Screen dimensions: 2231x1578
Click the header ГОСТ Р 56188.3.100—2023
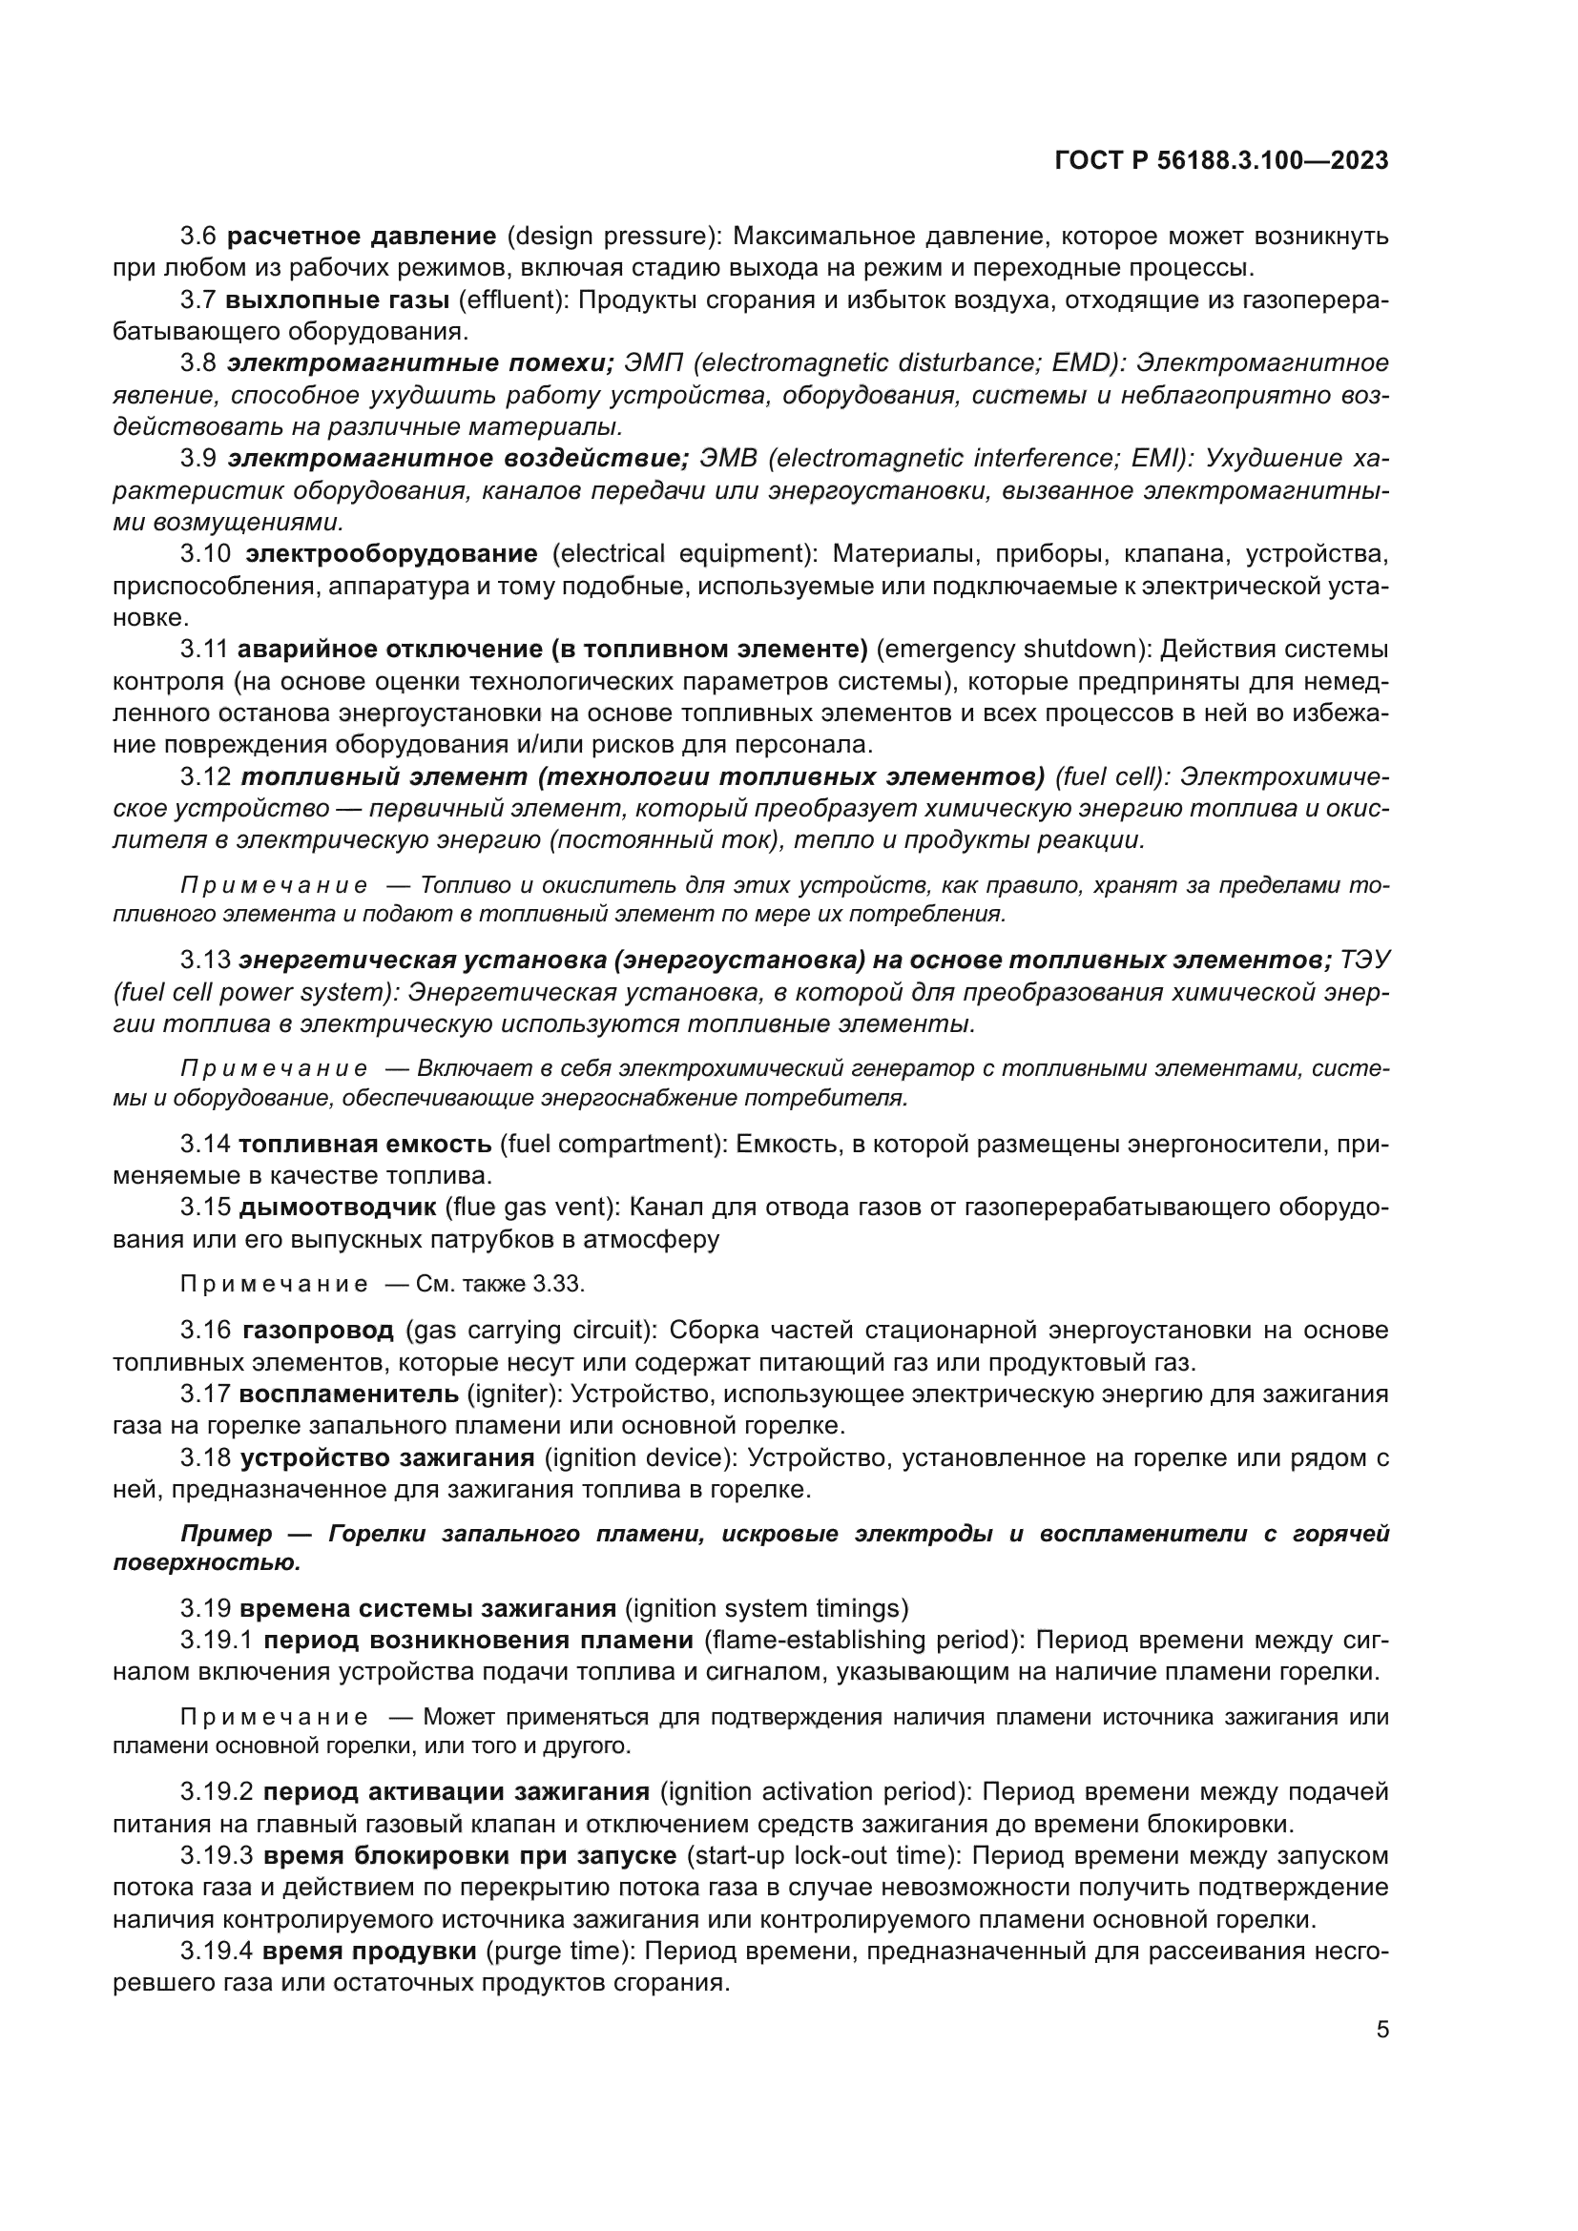[x=1221, y=161]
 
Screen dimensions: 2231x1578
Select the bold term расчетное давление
[x=362, y=237]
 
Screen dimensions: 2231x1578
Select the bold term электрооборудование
[x=391, y=554]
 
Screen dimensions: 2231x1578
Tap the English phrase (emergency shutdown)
[x=1010, y=650]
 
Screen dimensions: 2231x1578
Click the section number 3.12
[x=206, y=777]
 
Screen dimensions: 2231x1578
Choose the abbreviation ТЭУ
[x=1364, y=961]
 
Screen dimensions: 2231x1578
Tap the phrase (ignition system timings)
[x=767, y=1609]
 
